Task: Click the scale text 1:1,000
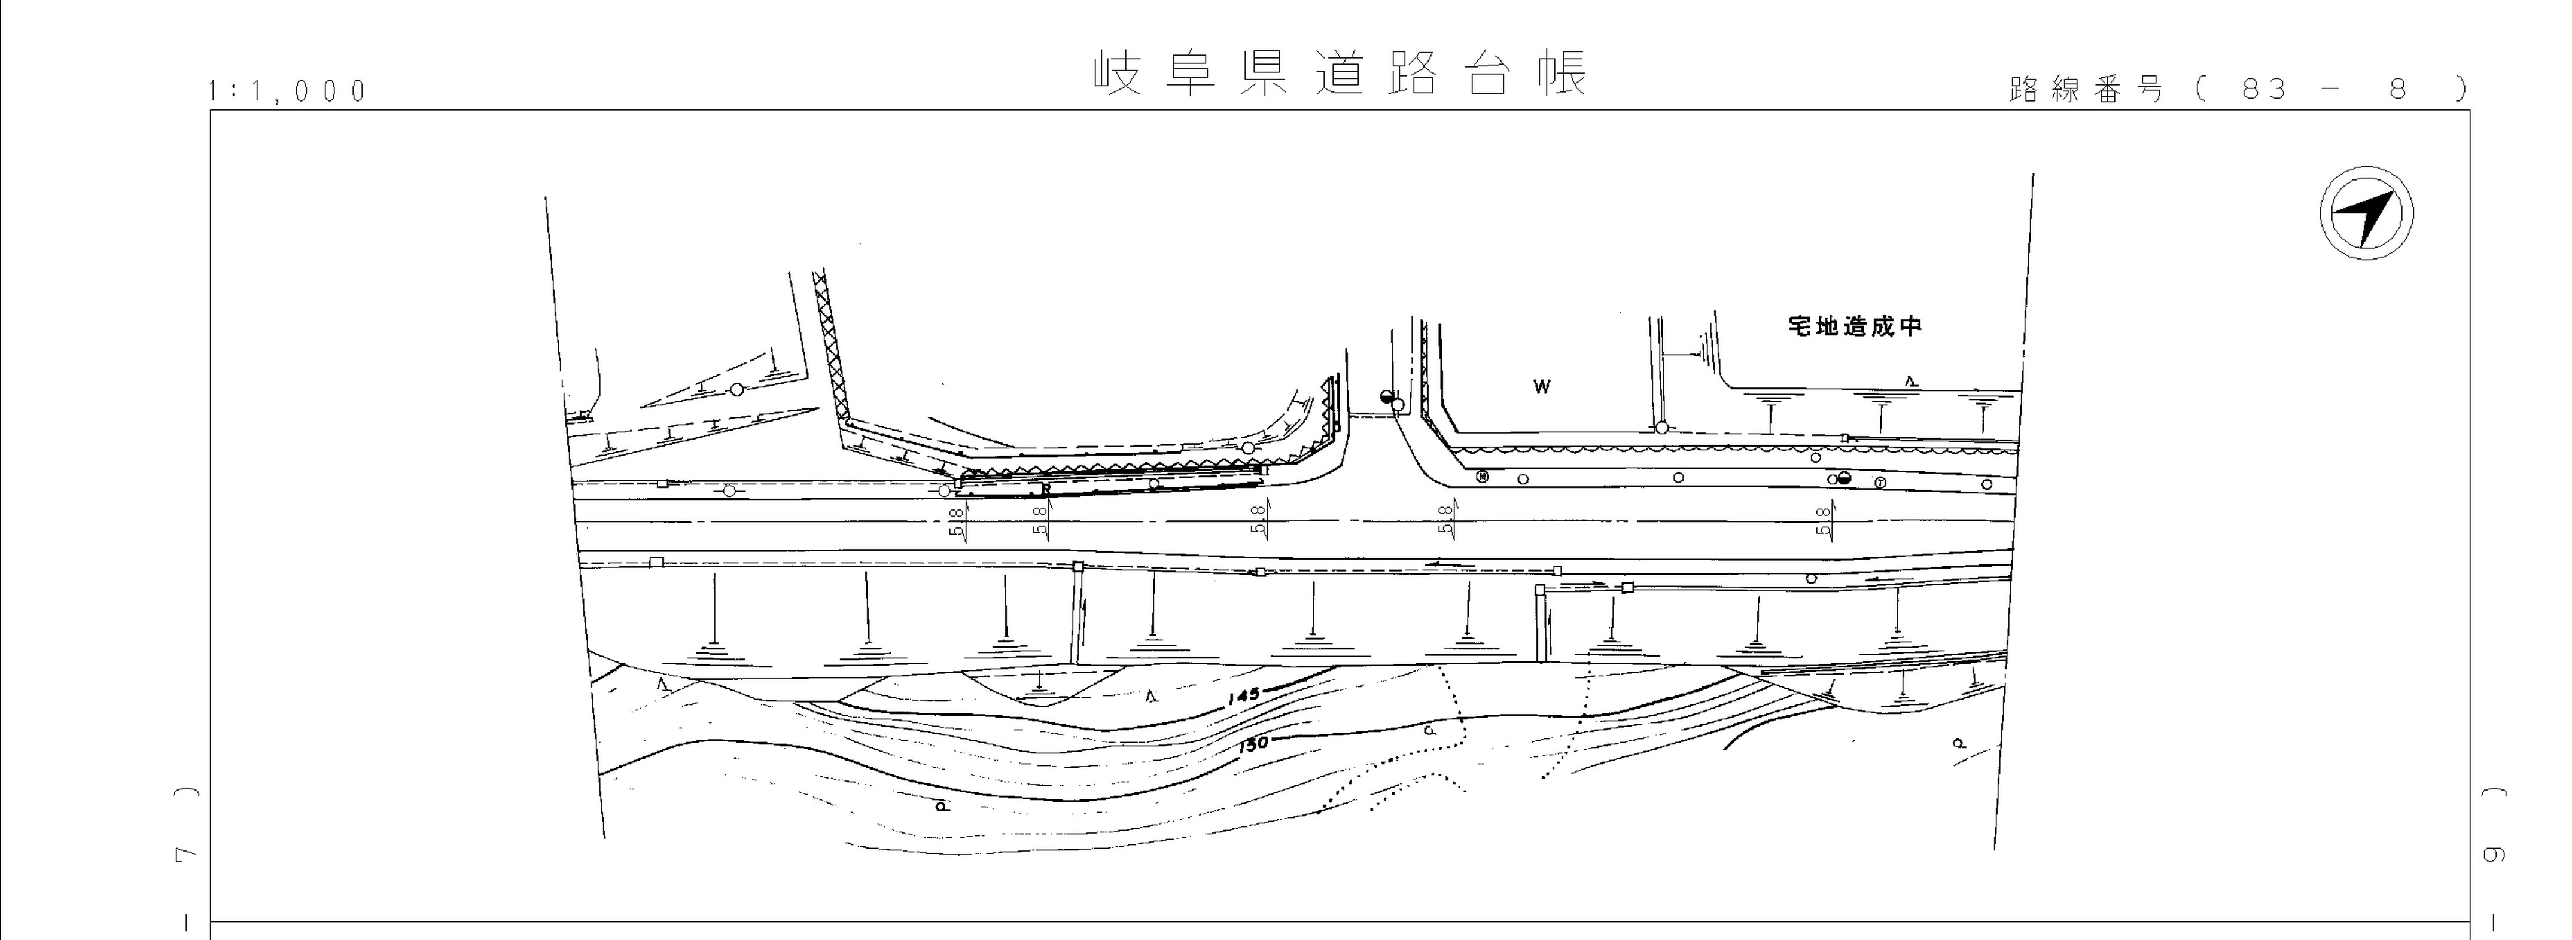point(288,92)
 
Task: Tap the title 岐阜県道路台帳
point(1340,74)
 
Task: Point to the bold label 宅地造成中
point(1854,326)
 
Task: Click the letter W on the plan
point(1542,387)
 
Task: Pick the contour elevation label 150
point(1253,743)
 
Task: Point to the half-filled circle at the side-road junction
point(1386,397)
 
